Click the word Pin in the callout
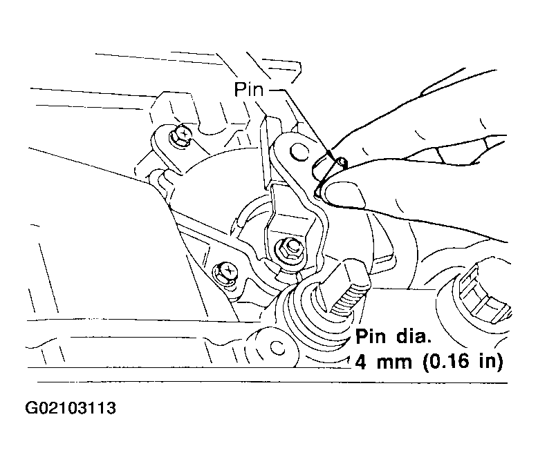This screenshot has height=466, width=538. [249, 90]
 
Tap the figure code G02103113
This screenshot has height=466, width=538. [71, 408]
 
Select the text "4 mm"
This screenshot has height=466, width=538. [383, 361]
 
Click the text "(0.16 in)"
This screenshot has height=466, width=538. [463, 361]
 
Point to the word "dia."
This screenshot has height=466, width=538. [414, 336]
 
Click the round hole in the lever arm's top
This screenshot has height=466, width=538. [299, 152]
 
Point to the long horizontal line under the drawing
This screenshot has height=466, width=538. [272, 382]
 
